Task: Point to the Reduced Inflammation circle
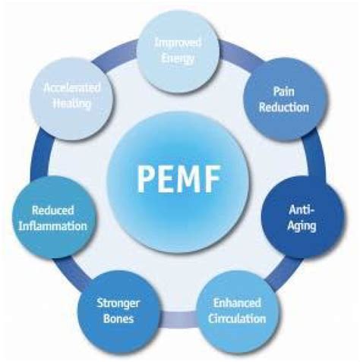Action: (59, 218)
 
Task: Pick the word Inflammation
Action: (59, 225)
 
